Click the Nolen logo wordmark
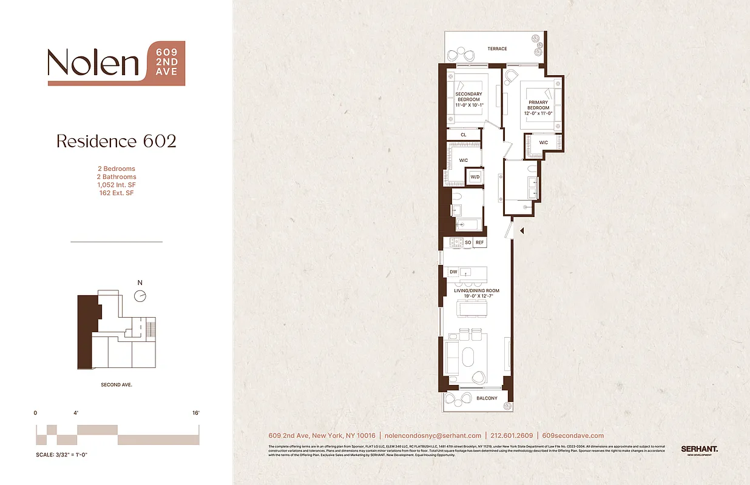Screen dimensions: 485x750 click(x=94, y=62)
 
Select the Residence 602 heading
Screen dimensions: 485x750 click(x=116, y=141)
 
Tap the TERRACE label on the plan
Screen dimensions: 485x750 click(x=497, y=48)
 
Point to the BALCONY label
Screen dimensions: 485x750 click(x=487, y=398)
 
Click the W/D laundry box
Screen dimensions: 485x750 click(x=475, y=177)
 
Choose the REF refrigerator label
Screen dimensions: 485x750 click(x=479, y=242)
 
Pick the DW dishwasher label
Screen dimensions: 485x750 click(x=453, y=272)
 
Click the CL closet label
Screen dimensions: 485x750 click(x=463, y=135)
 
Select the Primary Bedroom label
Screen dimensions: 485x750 click(x=538, y=105)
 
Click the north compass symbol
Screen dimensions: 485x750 click(x=141, y=295)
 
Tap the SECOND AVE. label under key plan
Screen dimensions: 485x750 click(x=117, y=385)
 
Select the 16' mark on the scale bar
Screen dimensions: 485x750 click(x=195, y=413)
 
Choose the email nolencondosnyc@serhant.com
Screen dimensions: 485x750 click(x=433, y=435)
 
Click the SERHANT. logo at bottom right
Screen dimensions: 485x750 click(x=699, y=449)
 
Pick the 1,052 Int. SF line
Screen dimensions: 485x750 click(x=116, y=185)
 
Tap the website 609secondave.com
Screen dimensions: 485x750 click(x=573, y=435)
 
